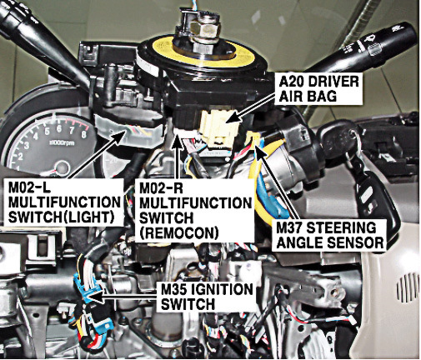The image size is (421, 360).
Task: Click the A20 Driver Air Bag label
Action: pos(318,89)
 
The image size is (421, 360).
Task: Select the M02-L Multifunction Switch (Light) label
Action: pos(63,202)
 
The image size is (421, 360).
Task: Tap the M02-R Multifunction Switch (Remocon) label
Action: pos(194,210)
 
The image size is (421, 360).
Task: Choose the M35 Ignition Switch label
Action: pos(207,296)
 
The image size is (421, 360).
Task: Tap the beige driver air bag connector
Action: pos(218,127)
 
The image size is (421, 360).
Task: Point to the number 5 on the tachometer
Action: pos(48,132)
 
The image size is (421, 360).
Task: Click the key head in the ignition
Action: pos(338,135)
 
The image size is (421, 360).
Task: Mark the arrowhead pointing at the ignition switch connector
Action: pos(95,297)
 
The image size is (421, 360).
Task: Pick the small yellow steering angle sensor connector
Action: pos(253,137)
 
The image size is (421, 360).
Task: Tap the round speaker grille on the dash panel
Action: pos(408,288)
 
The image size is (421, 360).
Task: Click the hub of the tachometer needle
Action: pos(63,168)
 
